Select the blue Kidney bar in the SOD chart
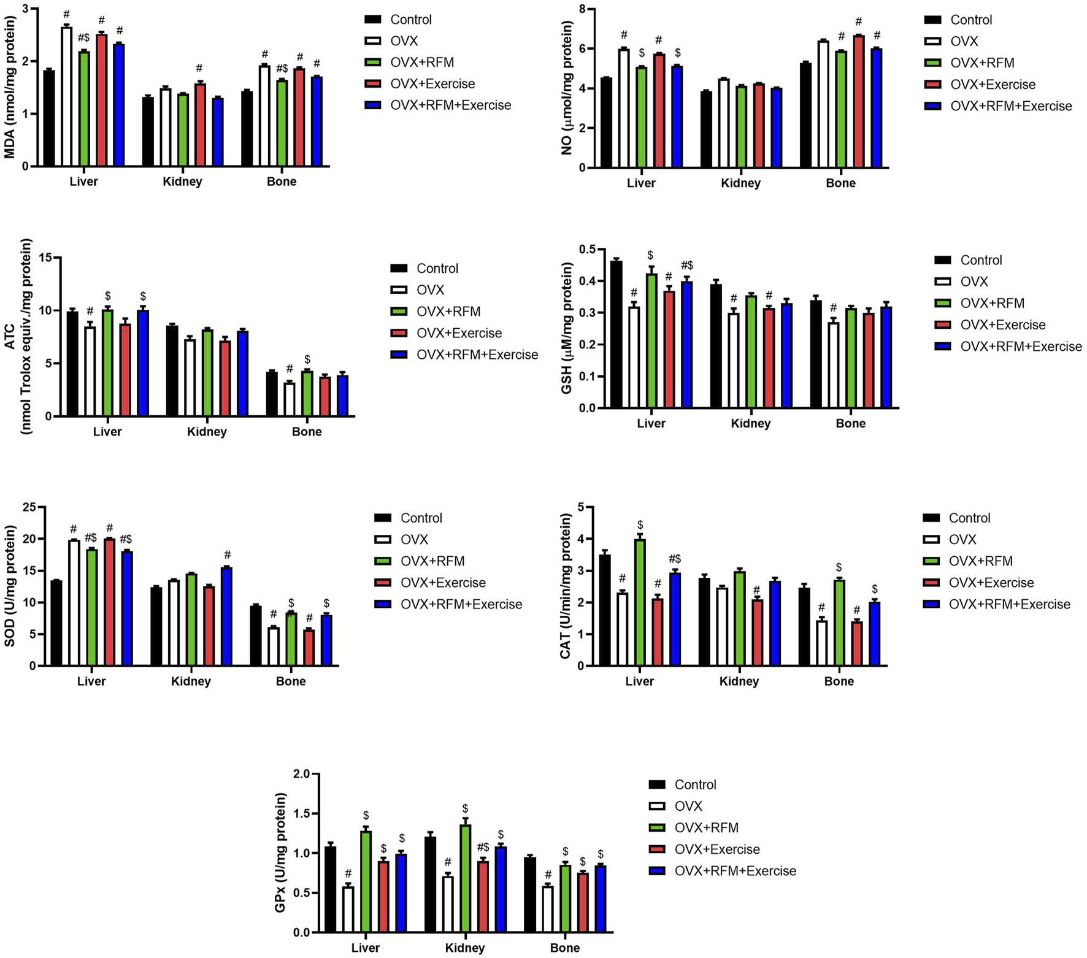pyautogui.click(x=226, y=616)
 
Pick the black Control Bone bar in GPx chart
pyautogui.click(x=530, y=895)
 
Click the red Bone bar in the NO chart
pyautogui.click(x=858, y=102)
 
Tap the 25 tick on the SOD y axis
pyautogui.click(x=28, y=507)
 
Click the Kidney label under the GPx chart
pyautogui.click(x=464, y=948)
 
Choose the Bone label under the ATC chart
pyautogui.click(x=307, y=432)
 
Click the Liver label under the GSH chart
pyautogui.click(x=651, y=423)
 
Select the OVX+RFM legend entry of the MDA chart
pyautogui.click(x=422, y=63)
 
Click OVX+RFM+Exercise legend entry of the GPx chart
pyautogui.click(x=735, y=871)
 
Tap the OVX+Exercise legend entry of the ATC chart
pyautogui.click(x=459, y=333)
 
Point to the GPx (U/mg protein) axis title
pyautogui.click(x=280, y=852)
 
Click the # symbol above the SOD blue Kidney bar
pyautogui.click(x=227, y=555)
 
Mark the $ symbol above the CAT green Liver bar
pyautogui.click(x=640, y=525)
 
